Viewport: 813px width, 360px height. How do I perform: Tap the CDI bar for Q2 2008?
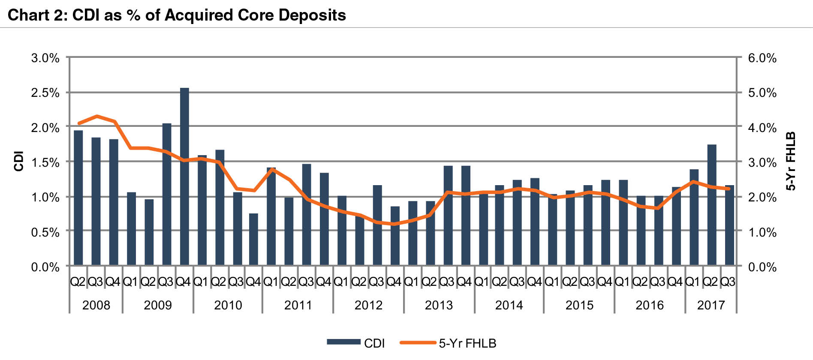(78, 198)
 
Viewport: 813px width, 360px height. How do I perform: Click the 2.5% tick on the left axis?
(45, 93)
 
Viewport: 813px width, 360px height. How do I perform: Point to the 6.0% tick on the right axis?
(762, 58)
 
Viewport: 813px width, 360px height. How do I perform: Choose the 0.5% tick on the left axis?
(45, 232)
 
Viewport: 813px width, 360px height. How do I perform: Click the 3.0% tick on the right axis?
(762, 162)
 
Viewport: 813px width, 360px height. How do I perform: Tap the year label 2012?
(368, 305)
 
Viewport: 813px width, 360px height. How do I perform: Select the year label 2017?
(711, 305)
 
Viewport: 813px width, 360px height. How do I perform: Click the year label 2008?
(96, 305)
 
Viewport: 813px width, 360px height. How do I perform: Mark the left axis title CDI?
(18, 161)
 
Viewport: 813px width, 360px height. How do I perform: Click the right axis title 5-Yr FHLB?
(790, 161)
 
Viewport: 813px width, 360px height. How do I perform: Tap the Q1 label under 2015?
(552, 282)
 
